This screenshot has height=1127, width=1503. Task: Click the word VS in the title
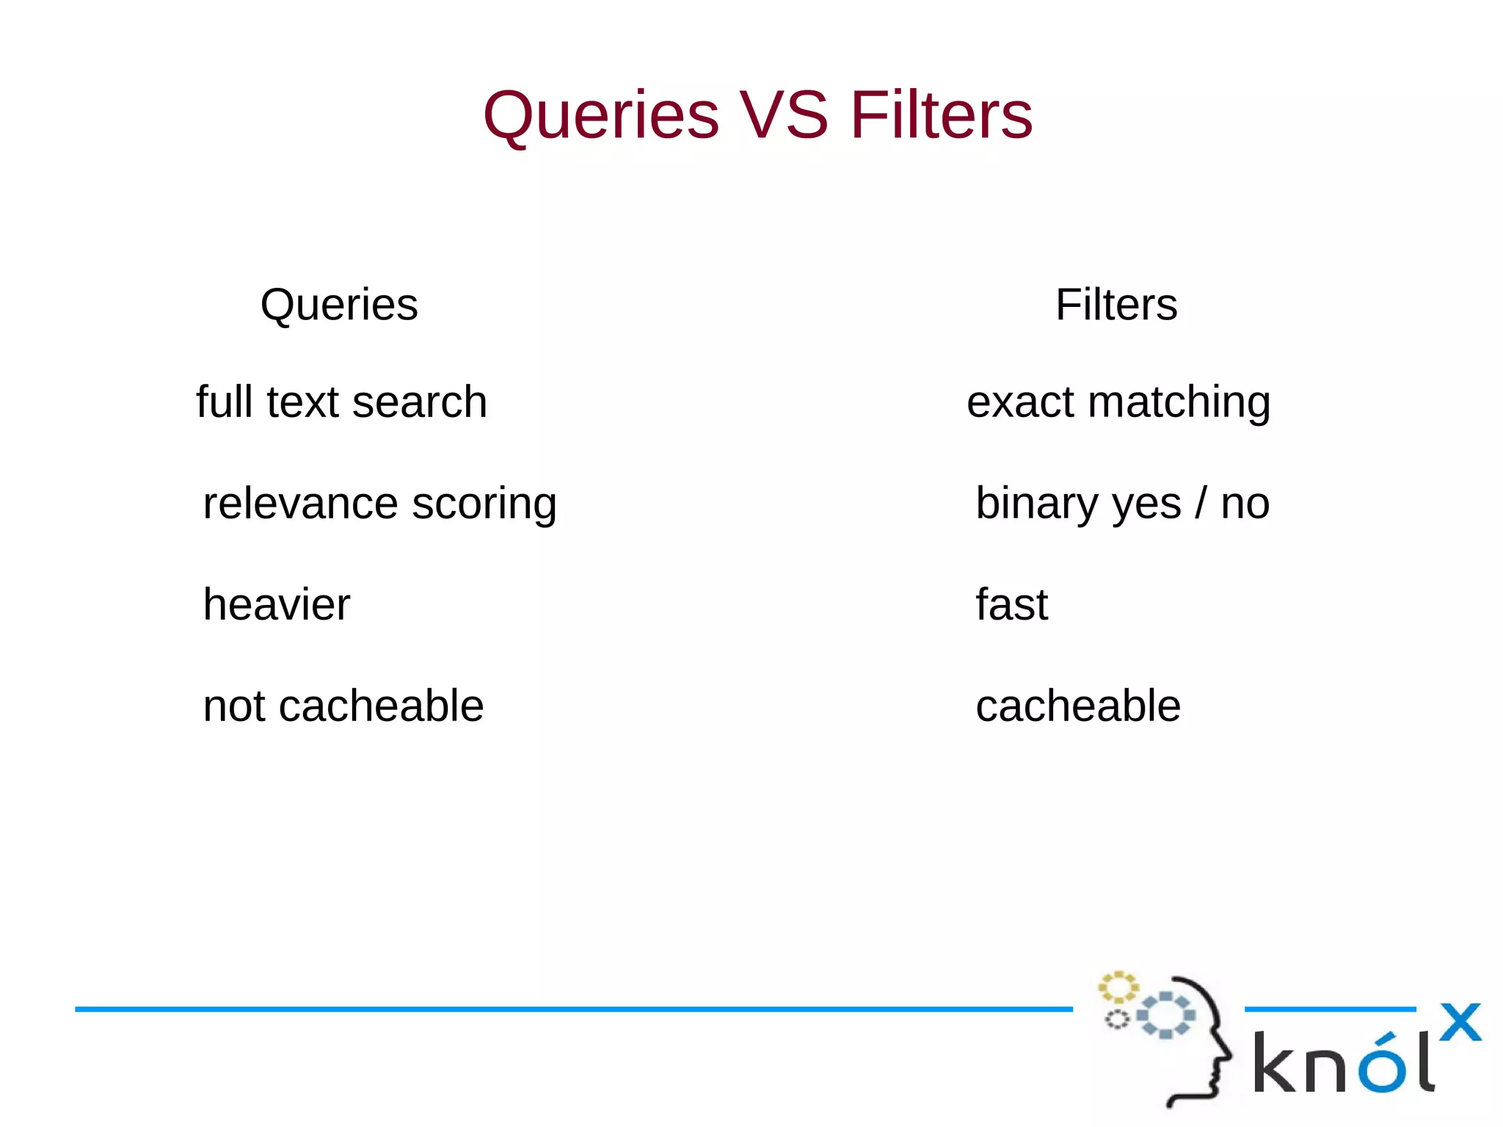[784, 115]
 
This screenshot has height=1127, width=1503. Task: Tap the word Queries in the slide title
[601, 115]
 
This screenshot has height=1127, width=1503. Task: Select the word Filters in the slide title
[942, 115]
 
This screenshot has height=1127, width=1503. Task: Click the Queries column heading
[339, 305]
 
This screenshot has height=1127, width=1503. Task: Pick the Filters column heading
[1116, 305]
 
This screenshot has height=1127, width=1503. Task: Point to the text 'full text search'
[341, 402]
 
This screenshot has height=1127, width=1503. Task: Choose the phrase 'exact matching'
[1118, 402]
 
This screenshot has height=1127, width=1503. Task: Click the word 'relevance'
[300, 504]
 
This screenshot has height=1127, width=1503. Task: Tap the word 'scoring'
[484, 504]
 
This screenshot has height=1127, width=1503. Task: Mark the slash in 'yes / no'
[1201, 504]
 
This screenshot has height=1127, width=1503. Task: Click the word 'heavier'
[277, 605]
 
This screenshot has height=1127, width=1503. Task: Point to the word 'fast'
[1011, 605]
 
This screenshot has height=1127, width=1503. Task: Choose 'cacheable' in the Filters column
[1078, 706]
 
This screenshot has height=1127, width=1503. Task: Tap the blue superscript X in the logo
[1460, 1022]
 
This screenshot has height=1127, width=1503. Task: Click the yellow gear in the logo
[1118, 987]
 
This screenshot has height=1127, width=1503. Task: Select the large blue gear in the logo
[1166, 1015]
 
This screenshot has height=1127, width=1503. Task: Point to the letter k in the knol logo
[1275, 1062]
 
